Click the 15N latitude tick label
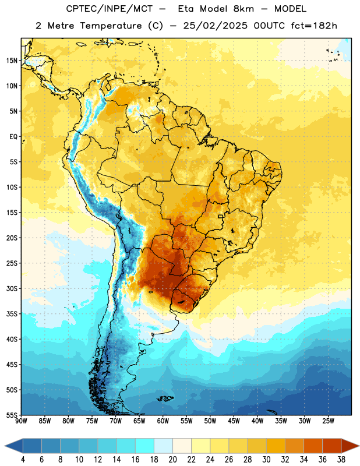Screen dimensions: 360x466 point(12,61)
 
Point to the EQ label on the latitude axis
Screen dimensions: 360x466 point(13,137)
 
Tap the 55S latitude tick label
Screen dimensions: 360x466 point(12,415)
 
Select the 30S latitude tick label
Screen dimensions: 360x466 point(12,288)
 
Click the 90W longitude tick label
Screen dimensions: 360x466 point(21,421)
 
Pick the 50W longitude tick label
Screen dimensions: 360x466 point(210,421)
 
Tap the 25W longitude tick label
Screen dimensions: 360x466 point(328,421)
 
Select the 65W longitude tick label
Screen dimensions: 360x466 point(139,421)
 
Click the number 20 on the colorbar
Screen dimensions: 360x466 point(172,460)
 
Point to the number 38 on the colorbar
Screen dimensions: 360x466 point(341,460)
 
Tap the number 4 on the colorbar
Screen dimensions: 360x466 point(23,460)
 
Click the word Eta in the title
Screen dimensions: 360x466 point(186,9)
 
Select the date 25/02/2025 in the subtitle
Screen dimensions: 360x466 point(215,26)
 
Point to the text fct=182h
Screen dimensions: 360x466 point(314,26)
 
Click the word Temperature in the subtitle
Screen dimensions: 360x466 point(111,26)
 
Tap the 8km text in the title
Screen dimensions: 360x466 point(243,9)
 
